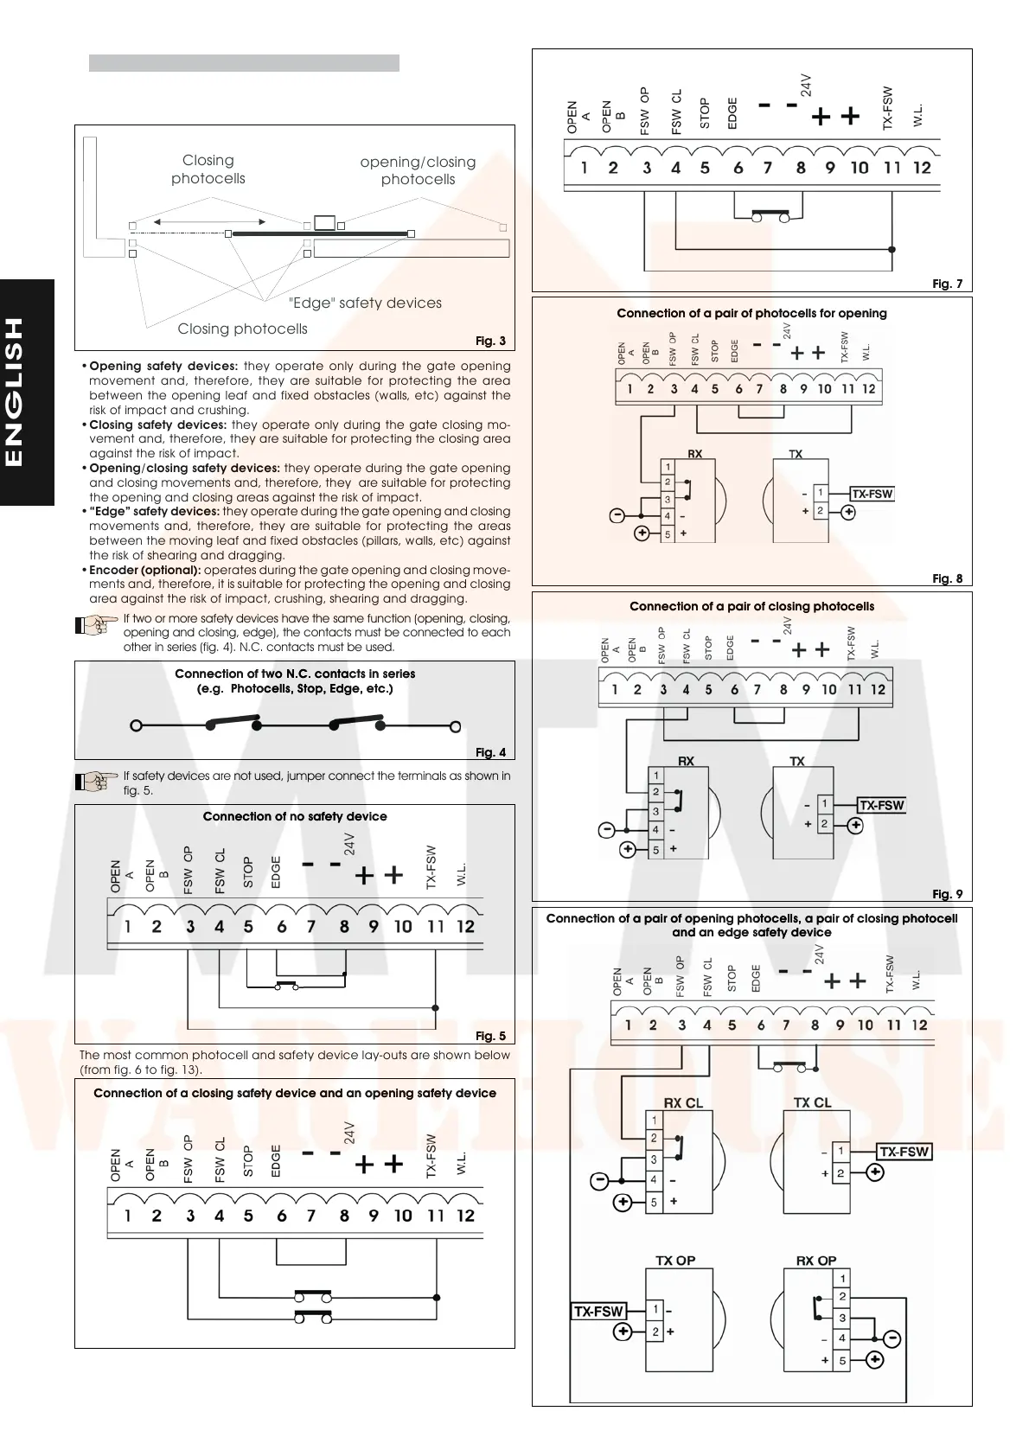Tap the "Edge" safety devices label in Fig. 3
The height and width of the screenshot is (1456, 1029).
364,303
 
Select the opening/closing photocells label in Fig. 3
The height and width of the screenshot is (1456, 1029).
418,170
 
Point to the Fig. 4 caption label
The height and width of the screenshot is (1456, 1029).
490,752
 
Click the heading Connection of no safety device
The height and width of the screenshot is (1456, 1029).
295,816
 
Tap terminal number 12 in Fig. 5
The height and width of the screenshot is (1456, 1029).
465,927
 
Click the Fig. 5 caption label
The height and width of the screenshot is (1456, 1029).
490,1036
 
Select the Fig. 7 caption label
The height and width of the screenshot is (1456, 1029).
947,284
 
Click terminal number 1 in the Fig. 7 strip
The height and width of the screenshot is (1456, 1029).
585,168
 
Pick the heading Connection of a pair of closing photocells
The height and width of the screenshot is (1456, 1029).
751,606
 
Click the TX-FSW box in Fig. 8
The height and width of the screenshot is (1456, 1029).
872,494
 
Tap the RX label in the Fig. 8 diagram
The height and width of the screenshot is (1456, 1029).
694,454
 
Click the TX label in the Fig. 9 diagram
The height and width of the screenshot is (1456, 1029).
796,761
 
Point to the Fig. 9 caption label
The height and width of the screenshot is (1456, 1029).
947,894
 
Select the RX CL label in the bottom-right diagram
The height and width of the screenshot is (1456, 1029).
683,1102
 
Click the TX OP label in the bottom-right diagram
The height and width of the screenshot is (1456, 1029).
675,1261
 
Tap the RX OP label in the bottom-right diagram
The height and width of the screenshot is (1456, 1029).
815,1261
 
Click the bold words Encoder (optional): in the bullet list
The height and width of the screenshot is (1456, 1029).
145,570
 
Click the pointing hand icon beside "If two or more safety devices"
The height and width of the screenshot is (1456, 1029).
97,625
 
